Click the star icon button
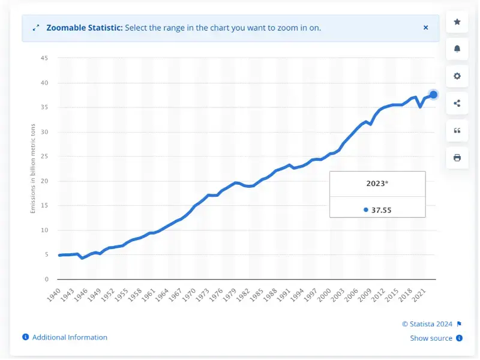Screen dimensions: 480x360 click(x=457, y=22)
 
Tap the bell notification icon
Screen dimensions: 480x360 click(x=457, y=49)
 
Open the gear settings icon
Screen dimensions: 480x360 click(x=457, y=76)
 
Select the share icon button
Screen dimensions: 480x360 click(x=457, y=103)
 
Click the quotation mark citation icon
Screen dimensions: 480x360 click(x=457, y=131)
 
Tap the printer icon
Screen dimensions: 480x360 click(x=457, y=158)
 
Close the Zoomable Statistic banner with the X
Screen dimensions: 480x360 click(x=425, y=28)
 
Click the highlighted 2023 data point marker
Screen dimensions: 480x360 click(x=433, y=95)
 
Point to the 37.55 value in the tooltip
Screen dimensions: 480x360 click(x=381, y=210)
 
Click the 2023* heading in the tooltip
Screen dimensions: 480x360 click(x=377, y=184)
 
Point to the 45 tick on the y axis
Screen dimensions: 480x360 click(x=44, y=58)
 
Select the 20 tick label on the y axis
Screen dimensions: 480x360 click(x=44, y=181)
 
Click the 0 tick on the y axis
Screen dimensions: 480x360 click(x=47, y=279)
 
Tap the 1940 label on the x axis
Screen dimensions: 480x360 click(x=53, y=295)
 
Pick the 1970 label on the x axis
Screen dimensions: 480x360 click(x=188, y=295)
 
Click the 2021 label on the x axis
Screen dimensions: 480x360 click(x=418, y=295)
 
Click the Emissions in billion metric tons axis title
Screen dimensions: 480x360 click(x=33, y=169)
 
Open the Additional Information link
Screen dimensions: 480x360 click(x=70, y=337)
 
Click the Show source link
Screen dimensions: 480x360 click(x=431, y=338)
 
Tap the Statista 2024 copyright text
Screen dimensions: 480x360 click(x=427, y=324)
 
